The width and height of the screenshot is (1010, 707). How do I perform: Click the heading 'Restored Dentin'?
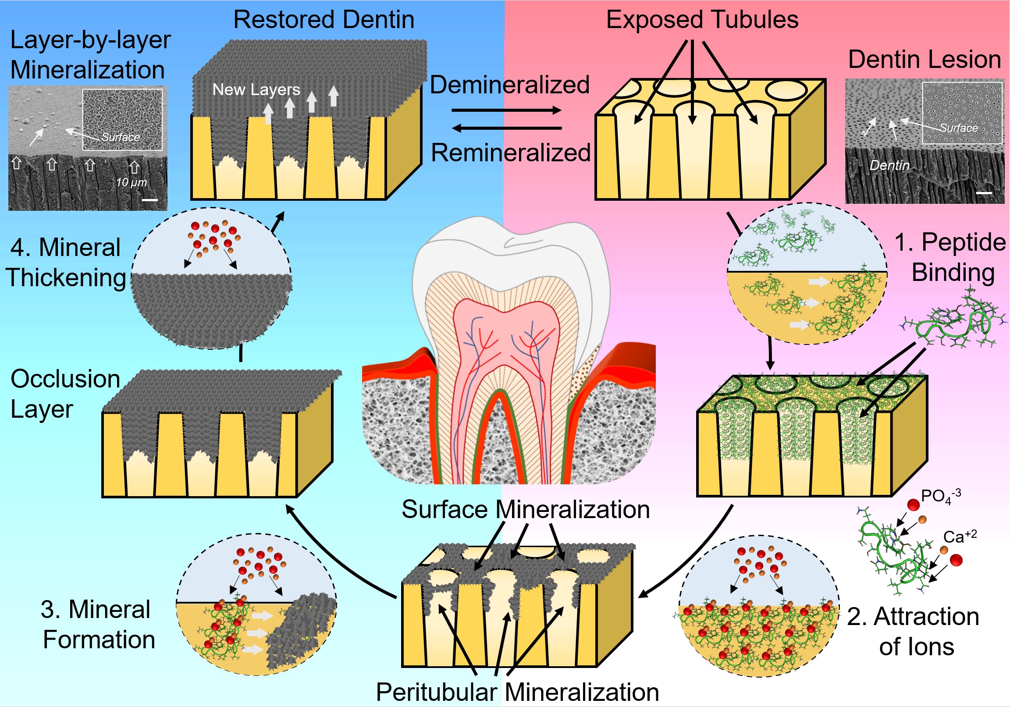pyautogui.click(x=324, y=20)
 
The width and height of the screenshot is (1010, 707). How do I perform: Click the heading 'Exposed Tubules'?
pyautogui.click(x=702, y=20)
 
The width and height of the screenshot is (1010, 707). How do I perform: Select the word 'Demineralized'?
pyautogui.click(x=509, y=85)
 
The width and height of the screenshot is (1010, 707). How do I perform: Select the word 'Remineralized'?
pyautogui.click(x=510, y=153)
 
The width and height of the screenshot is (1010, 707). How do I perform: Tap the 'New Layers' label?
pyautogui.click(x=256, y=90)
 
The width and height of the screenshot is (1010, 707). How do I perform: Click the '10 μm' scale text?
pyautogui.click(x=131, y=182)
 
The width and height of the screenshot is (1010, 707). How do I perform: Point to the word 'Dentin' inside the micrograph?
pyautogui.click(x=889, y=165)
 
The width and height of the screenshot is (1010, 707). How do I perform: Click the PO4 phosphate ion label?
pyautogui.click(x=940, y=496)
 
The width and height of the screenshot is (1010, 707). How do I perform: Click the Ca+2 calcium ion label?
pyautogui.click(x=960, y=536)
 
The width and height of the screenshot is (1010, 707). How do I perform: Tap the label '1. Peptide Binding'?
pyautogui.click(x=950, y=257)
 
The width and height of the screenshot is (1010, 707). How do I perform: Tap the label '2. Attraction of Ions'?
pyautogui.click(x=913, y=631)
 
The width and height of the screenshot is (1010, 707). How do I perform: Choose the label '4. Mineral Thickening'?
pyautogui.click(x=66, y=262)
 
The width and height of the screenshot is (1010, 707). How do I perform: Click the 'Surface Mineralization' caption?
pyautogui.click(x=525, y=509)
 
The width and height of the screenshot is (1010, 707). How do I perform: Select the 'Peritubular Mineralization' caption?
pyautogui.click(x=517, y=692)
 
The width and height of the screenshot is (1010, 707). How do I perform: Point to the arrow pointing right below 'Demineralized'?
pyautogui.click(x=507, y=110)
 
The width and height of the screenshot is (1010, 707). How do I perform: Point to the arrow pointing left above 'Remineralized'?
pyautogui.click(x=507, y=128)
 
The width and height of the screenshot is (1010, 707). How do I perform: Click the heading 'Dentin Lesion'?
pyautogui.click(x=924, y=60)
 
